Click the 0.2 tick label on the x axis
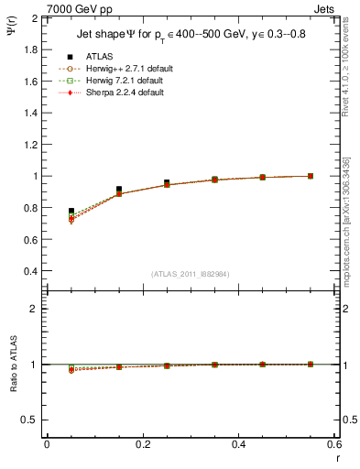click(142, 444)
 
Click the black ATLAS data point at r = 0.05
click(71, 211)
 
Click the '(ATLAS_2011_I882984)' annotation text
click(191, 274)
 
